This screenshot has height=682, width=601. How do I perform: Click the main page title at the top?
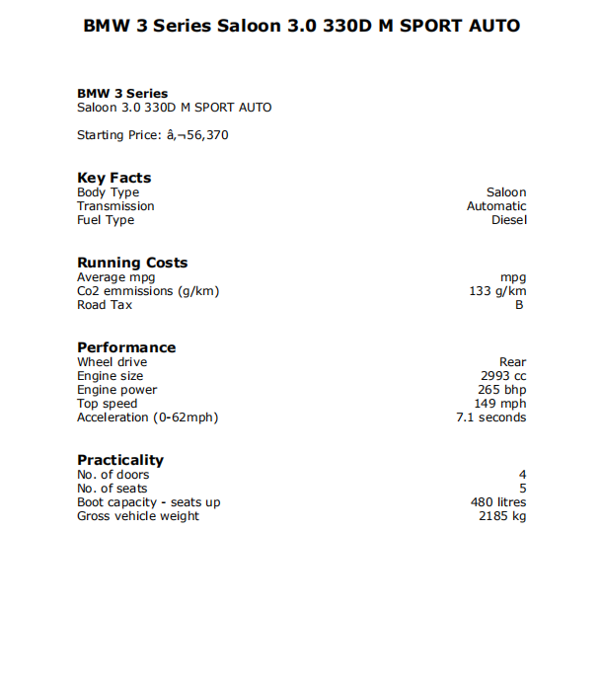tap(301, 26)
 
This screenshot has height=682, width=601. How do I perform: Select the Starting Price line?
tap(152, 135)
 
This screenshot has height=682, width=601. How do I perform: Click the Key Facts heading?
tap(114, 178)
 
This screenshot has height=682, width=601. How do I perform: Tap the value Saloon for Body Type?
tap(506, 192)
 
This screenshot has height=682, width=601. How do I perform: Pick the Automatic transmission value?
tap(496, 206)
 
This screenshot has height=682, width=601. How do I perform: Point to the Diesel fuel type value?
tap(509, 220)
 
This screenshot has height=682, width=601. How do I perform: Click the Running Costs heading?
tap(132, 263)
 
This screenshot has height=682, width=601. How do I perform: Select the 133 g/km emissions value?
tap(497, 291)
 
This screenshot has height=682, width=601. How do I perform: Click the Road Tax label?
tap(105, 305)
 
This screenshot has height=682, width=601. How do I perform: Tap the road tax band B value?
tap(519, 305)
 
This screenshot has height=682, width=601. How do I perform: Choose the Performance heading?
tap(126, 347)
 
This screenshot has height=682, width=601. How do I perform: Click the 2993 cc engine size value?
tap(503, 376)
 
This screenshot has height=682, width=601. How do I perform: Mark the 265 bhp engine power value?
tap(502, 390)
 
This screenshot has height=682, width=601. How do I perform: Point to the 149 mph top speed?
tap(500, 404)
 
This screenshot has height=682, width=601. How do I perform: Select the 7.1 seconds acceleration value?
tap(490, 417)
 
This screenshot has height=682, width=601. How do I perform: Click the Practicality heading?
tap(120, 460)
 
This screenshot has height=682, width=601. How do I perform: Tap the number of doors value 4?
tap(522, 475)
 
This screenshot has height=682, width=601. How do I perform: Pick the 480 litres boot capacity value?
tap(498, 502)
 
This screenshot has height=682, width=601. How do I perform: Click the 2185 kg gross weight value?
tap(502, 516)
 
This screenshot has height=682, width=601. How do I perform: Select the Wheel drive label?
tap(112, 362)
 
